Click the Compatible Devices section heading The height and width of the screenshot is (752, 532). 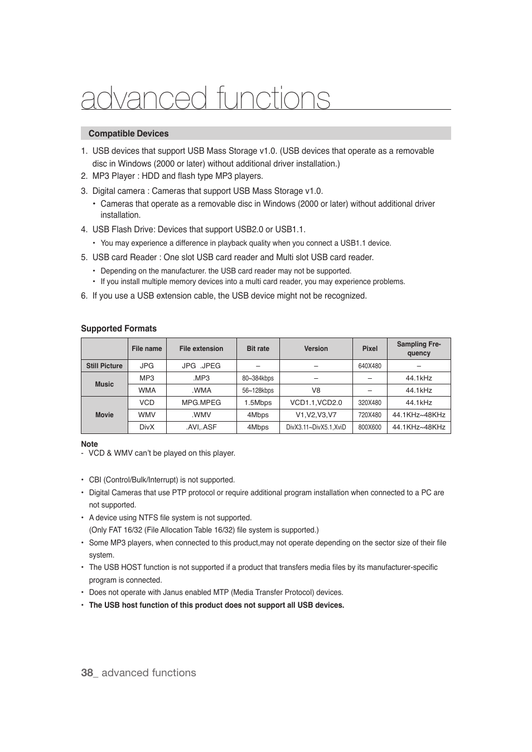pos(128,134)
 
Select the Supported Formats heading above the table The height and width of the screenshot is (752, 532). pos(119,329)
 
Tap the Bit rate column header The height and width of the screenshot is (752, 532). pos(258,349)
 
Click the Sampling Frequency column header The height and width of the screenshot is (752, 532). pos(418,349)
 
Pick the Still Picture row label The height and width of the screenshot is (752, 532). pos(104,366)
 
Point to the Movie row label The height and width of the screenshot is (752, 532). pos(104,415)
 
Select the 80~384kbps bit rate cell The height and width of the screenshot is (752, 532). pos(258,378)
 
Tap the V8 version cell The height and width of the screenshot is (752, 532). pos(316,390)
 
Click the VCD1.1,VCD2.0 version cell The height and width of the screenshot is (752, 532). pos(316,403)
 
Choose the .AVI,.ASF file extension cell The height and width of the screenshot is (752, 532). pos(201,427)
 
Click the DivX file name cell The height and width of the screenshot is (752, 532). pos(147,427)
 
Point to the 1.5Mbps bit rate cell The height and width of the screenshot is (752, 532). pos(258,403)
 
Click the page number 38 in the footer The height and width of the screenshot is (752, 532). pos(86,673)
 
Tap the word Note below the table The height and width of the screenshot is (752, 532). pos(89,444)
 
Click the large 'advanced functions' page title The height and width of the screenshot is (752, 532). pos(205,99)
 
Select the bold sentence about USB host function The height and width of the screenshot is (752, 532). pos(216,605)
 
